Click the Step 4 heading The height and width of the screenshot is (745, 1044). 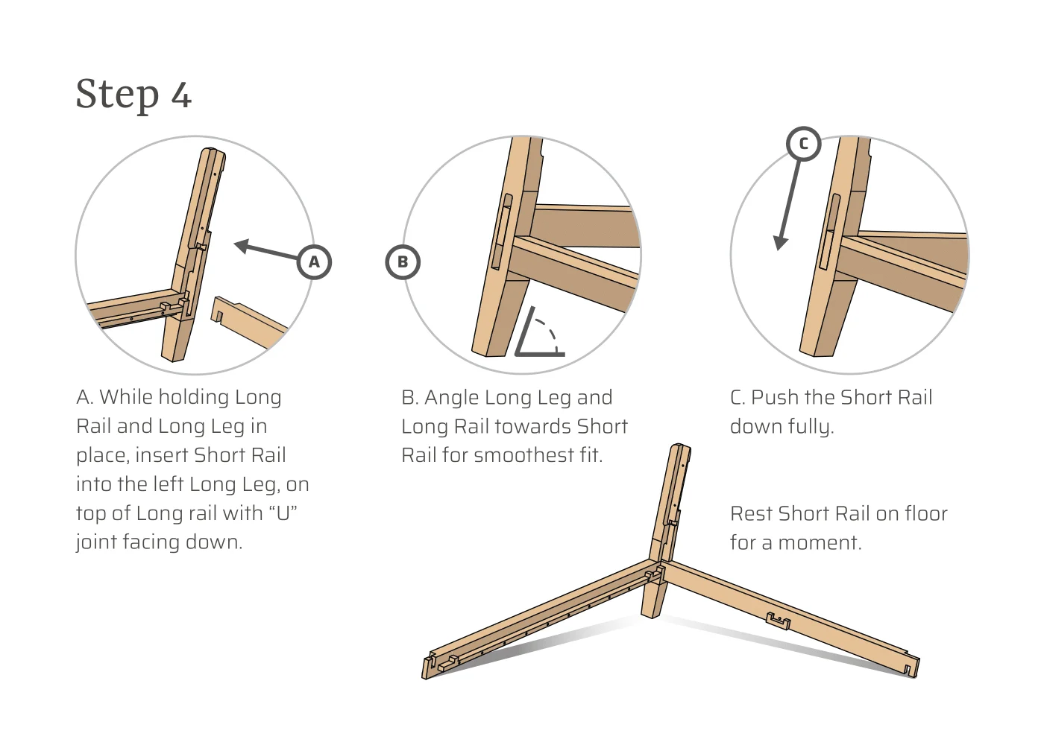[133, 95]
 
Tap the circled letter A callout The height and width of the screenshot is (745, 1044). [314, 262]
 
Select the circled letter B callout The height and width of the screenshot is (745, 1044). [403, 262]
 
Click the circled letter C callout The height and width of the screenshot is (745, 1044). [803, 144]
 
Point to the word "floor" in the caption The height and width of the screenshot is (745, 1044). [925, 514]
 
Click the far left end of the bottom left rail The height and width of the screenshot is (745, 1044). [429, 667]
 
